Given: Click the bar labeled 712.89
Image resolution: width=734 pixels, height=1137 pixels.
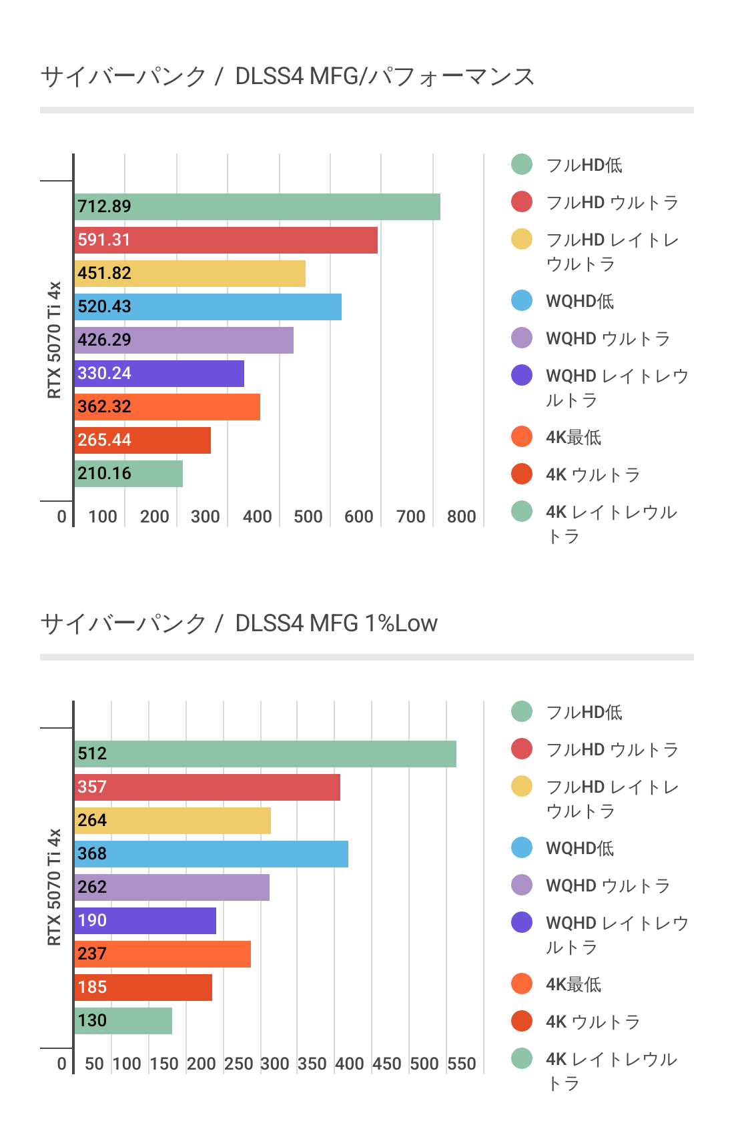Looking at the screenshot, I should [x=257, y=207].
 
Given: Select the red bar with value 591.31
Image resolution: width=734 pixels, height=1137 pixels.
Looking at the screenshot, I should [x=226, y=240].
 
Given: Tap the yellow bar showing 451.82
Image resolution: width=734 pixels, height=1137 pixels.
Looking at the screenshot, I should [x=190, y=274].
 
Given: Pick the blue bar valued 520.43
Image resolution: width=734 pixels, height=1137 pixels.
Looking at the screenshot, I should [x=208, y=307].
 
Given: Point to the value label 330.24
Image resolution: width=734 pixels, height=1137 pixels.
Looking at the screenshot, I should [x=104, y=373].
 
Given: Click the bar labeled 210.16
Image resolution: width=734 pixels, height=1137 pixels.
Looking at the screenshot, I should [x=128, y=474].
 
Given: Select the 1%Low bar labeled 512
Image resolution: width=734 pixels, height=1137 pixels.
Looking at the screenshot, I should [x=265, y=754].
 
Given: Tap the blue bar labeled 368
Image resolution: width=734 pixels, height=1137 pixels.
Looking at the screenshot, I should [x=211, y=854].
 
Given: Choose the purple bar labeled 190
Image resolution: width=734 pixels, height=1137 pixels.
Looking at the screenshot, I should [x=145, y=921].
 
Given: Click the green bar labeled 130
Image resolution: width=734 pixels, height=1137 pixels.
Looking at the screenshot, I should [x=123, y=1021].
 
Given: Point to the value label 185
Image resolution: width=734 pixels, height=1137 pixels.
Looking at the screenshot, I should [x=92, y=987].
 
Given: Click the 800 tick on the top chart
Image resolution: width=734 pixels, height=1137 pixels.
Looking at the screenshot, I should [x=461, y=516].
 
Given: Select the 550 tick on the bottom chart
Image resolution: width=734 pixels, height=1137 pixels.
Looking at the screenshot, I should [x=461, y=1064].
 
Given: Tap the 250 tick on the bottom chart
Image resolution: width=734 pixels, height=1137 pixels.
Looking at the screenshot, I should [x=238, y=1064].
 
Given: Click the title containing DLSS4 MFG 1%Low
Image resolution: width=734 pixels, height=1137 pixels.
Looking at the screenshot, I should [x=239, y=623].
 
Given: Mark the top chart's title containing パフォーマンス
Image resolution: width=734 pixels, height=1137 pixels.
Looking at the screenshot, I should [x=288, y=77].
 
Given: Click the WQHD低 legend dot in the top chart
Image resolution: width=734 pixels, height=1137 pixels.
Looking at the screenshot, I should [x=522, y=301].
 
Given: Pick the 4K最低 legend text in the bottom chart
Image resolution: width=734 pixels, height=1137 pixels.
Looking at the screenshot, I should [x=573, y=984].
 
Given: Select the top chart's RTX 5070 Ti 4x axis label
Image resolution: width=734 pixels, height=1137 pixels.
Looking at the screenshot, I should [x=54, y=340].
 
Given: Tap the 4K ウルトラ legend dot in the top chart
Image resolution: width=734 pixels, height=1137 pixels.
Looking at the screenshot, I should [x=522, y=474].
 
